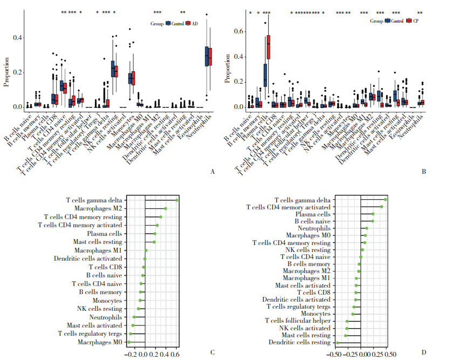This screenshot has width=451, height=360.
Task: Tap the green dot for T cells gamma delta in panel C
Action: point(176,200)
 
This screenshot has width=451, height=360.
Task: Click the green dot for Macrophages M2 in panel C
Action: point(166,208)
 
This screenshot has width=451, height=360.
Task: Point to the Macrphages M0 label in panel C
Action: point(100,342)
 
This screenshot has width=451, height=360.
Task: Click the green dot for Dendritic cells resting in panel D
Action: point(337,342)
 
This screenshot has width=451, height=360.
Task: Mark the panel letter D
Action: point(423,352)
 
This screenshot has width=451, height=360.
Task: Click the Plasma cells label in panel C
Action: point(105,234)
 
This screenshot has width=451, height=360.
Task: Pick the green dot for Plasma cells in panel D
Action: point(372,214)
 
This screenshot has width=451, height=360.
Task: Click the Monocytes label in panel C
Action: point(107,300)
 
